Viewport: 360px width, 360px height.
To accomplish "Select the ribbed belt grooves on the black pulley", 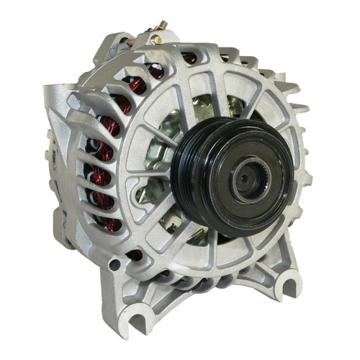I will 189,189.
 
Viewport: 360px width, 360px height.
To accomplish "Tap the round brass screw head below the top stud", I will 153,34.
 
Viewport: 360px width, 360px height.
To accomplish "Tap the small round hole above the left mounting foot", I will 114,265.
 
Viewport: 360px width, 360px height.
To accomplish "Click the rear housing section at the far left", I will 61,166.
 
